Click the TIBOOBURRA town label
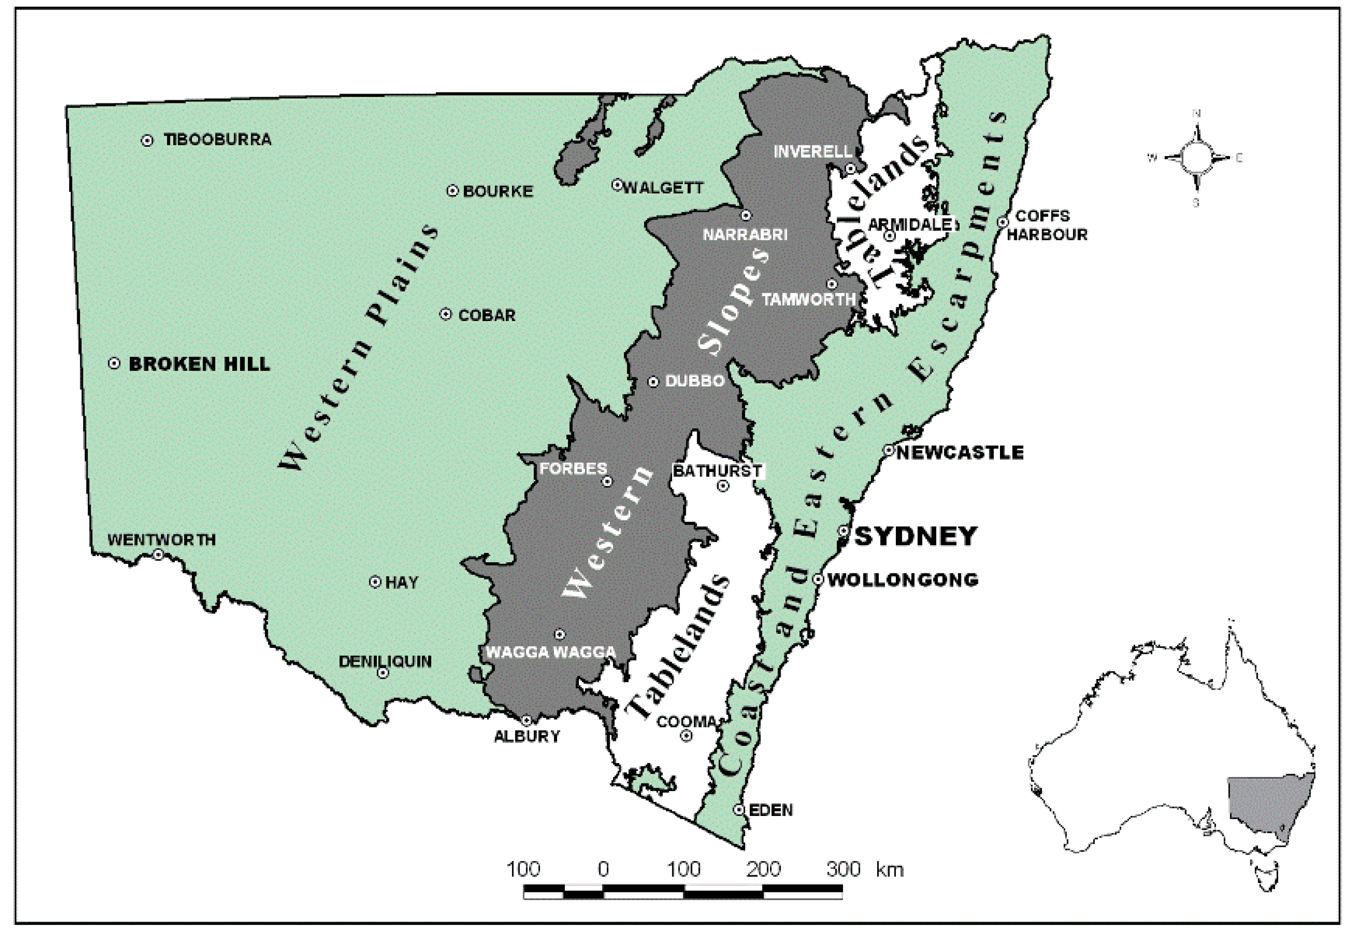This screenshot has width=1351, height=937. click(217, 140)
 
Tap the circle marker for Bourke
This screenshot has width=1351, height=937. click(452, 191)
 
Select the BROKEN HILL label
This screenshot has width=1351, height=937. click(199, 364)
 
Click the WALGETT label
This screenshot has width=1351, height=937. click(663, 188)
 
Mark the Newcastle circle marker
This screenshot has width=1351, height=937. click(889, 450)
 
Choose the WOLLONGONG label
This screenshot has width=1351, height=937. click(902, 580)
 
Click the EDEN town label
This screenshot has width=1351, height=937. click(770, 810)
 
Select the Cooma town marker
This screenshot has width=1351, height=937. click(686, 736)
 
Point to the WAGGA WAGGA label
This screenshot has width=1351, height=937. click(551, 652)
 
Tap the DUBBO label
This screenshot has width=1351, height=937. click(695, 381)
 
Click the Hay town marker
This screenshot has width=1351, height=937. click(375, 582)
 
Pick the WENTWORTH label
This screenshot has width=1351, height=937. click(161, 540)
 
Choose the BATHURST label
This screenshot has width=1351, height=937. click(717, 471)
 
